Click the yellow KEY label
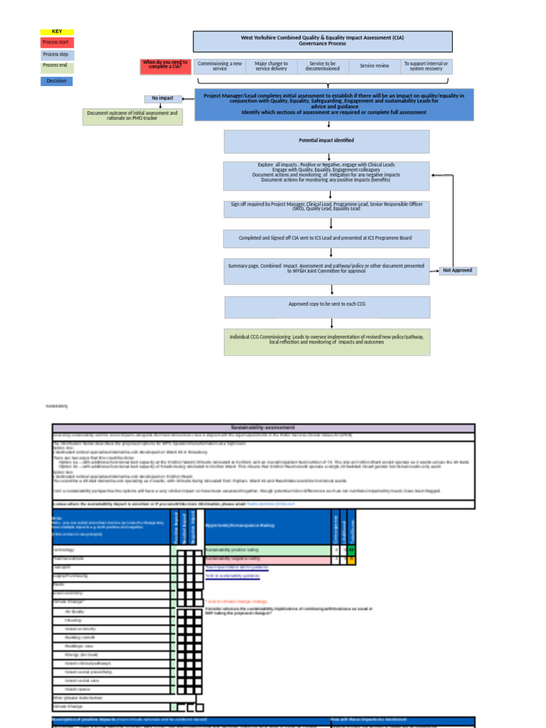coord(57,32)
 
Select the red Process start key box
coord(57,43)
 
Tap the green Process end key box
coord(57,66)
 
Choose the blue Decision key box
coord(57,81)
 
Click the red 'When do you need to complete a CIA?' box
coord(165,66)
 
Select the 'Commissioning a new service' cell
coord(220,66)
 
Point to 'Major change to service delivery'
coord(271,66)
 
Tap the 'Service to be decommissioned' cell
coord(322,66)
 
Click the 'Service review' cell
coord(374,66)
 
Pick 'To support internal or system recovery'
coord(426,66)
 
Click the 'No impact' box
coord(162,99)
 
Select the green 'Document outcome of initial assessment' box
coord(132,116)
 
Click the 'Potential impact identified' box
coord(326,141)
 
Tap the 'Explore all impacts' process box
coord(326,176)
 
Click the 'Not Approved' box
coord(457,271)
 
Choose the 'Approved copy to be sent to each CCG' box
coord(327,307)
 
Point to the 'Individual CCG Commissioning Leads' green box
coord(327,341)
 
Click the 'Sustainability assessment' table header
coord(263,427)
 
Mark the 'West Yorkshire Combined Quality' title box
coord(322,41)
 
